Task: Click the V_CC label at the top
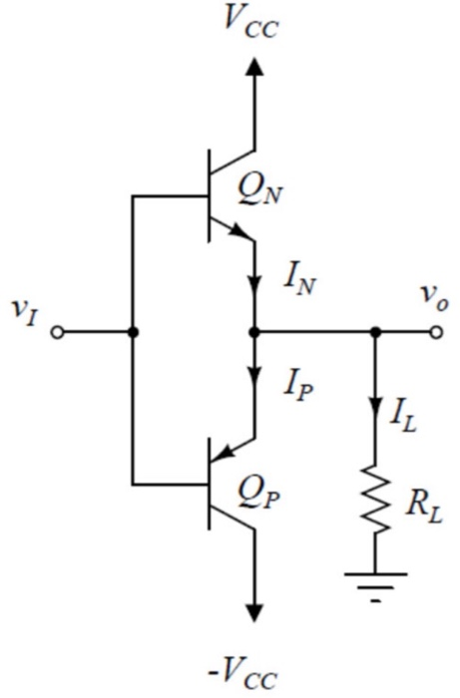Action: tap(251, 22)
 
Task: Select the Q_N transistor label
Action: tap(260, 188)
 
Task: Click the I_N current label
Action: tap(299, 281)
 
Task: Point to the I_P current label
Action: tap(298, 387)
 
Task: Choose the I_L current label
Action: tap(403, 419)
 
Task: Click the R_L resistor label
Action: tap(424, 508)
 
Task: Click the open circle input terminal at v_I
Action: tap(58, 332)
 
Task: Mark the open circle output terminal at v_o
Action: tap(436, 332)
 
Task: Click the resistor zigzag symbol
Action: tap(376, 500)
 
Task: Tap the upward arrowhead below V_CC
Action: tap(254, 67)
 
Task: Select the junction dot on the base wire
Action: tap(133, 332)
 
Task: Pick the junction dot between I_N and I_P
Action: tap(254, 332)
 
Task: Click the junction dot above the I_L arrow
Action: tap(376, 332)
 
